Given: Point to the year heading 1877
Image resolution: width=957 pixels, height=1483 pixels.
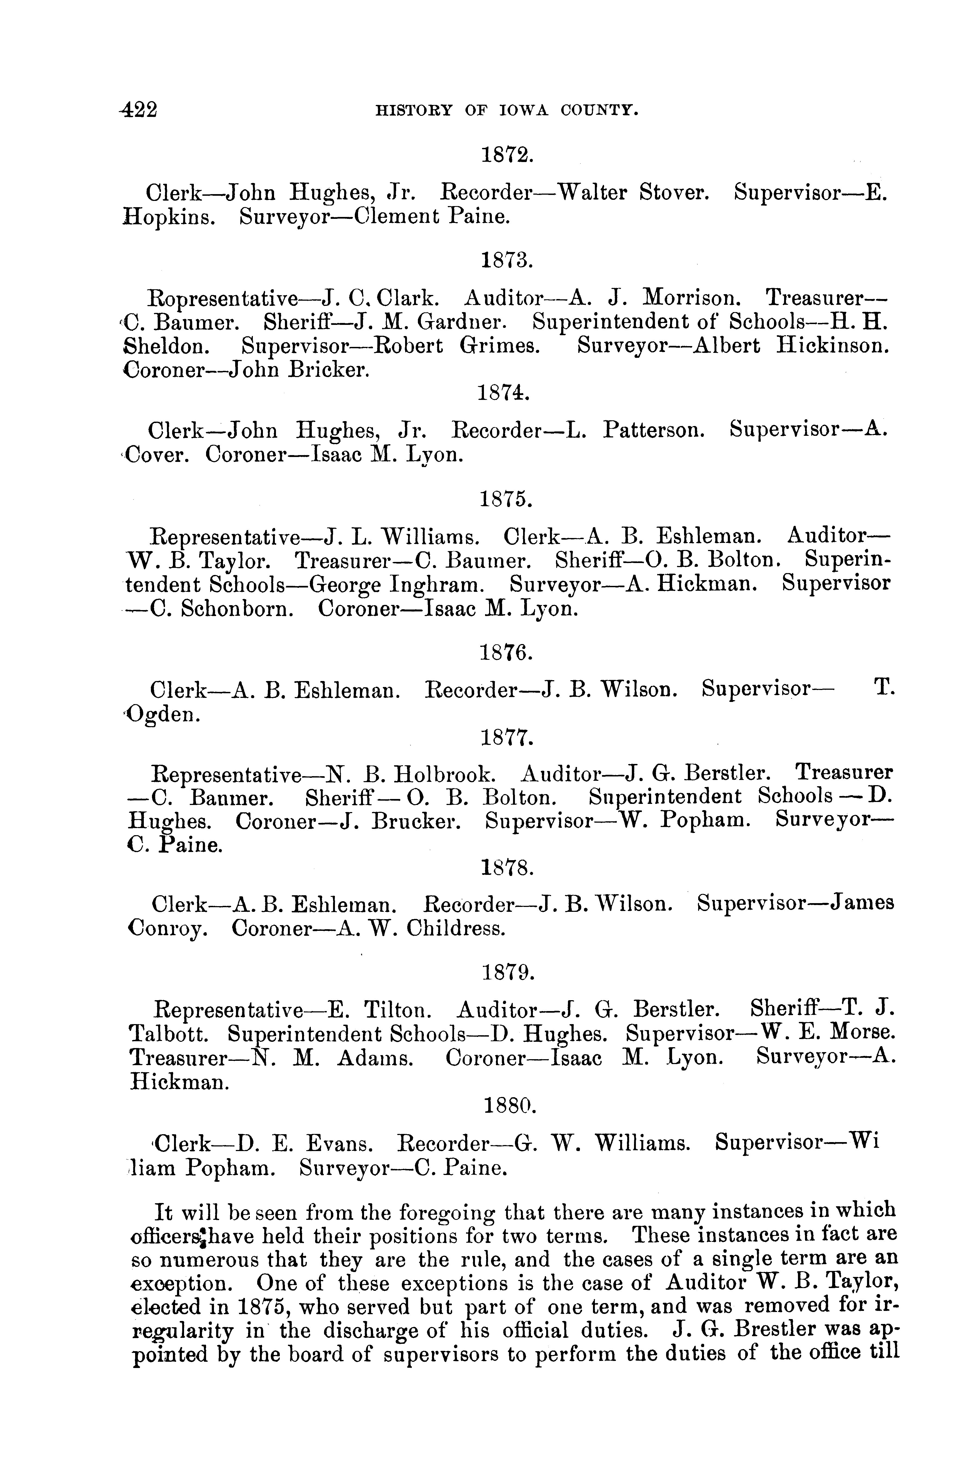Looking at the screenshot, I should (507, 738).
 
